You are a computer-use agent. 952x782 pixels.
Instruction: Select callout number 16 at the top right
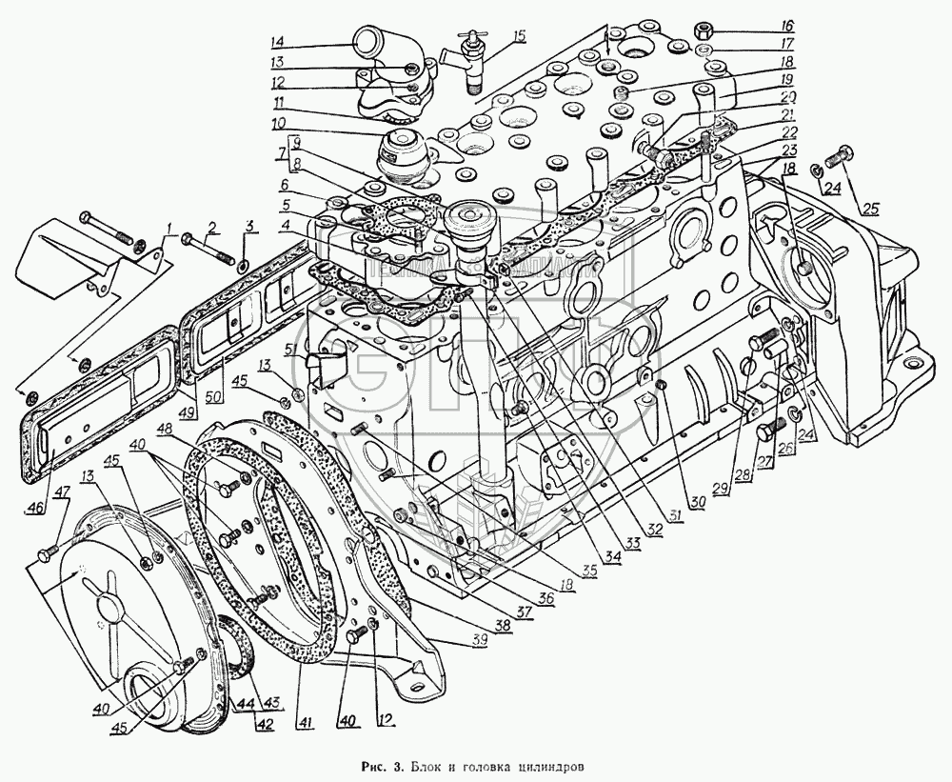click(x=787, y=26)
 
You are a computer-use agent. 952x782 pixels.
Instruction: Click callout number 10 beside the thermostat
click(x=278, y=124)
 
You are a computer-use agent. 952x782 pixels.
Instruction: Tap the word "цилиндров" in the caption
click(x=549, y=765)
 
